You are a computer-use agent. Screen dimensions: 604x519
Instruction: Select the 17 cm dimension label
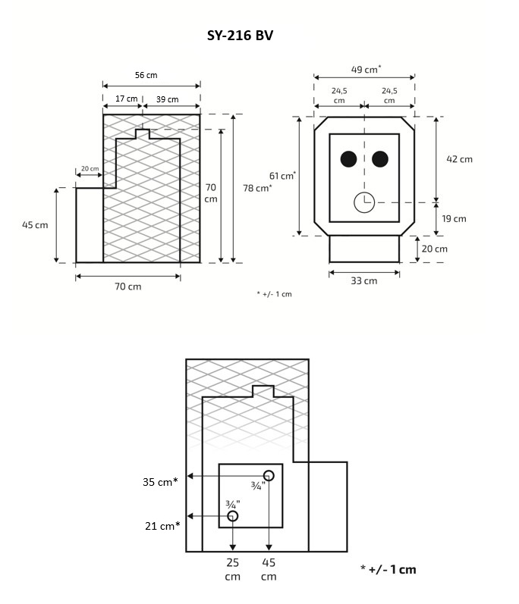pyautogui.click(x=127, y=99)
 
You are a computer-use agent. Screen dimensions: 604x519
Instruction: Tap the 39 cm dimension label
pyautogui.click(x=167, y=99)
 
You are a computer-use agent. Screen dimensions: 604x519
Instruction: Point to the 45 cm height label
pyautogui.click(x=35, y=225)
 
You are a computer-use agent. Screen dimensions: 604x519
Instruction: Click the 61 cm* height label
pyautogui.click(x=282, y=176)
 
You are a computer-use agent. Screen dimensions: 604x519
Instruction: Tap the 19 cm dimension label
pyautogui.click(x=454, y=218)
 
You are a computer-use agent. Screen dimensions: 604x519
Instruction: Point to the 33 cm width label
pyautogui.click(x=364, y=280)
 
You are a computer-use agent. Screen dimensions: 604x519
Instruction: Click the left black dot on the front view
pyautogui.click(x=348, y=158)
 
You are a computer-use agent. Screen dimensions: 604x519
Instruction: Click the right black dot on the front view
pyautogui.click(x=380, y=158)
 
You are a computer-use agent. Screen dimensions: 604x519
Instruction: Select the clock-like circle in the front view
pyautogui.click(x=364, y=202)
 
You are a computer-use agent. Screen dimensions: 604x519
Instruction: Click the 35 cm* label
pyautogui.click(x=159, y=481)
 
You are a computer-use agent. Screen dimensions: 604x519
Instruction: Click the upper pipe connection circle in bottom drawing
pyautogui.click(x=269, y=475)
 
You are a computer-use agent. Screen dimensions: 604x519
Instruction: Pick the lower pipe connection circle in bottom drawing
pyautogui.click(x=233, y=516)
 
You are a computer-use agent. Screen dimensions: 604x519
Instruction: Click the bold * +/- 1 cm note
pyautogui.click(x=388, y=569)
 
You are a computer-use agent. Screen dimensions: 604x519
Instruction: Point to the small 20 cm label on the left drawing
pyautogui.click(x=90, y=168)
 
